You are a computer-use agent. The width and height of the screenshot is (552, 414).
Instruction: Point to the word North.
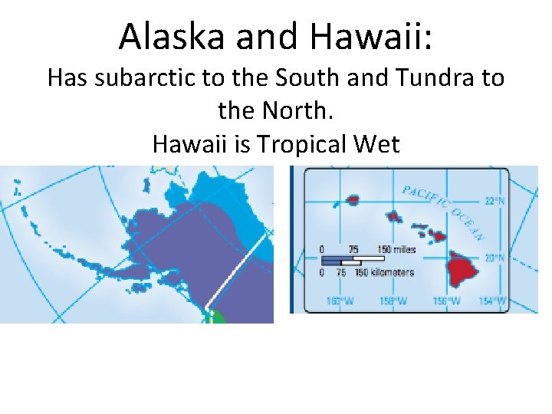tap(295, 111)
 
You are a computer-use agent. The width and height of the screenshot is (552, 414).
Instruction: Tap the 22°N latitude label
tap(495, 202)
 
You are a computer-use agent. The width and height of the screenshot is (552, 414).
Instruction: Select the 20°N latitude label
tap(495, 258)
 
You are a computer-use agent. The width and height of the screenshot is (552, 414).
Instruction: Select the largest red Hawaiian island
tap(464, 268)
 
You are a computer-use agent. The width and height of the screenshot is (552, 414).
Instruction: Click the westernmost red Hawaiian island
tap(352, 200)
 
